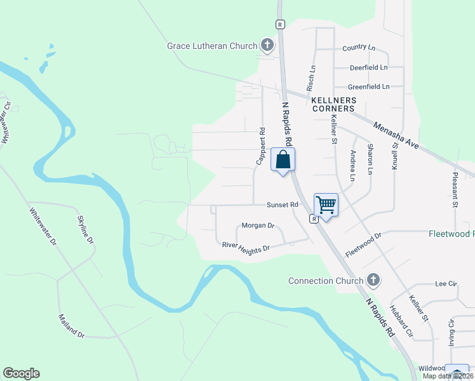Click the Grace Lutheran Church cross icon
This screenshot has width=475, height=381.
(x=267, y=45)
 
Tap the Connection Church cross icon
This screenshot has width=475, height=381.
(x=374, y=280)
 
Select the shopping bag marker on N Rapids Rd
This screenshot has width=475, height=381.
(x=283, y=159)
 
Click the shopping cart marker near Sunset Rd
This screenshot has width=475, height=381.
(x=326, y=205)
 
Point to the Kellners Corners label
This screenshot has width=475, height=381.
(x=333, y=104)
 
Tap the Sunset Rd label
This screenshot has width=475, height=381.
(x=283, y=205)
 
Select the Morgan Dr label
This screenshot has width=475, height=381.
(x=257, y=225)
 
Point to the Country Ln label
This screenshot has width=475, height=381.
(x=359, y=48)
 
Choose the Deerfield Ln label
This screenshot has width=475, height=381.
(x=368, y=67)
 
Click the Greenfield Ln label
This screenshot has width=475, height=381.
(x=368, y=87)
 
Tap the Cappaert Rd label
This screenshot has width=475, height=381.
(x=260, y=147)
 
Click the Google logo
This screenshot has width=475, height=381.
(x=21, y=373)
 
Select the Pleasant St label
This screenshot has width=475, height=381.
(x=455, y=189)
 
